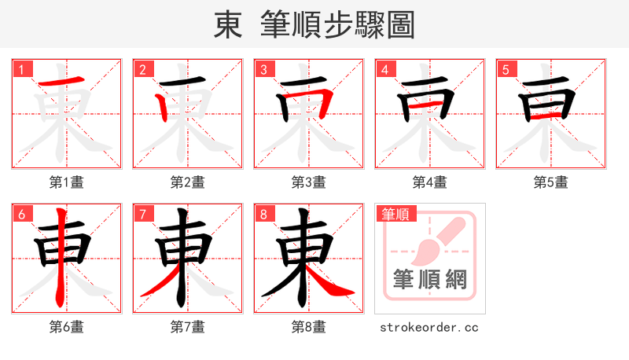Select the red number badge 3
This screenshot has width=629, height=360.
tap(265, 70)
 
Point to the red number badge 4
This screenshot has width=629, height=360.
tap(386, 70)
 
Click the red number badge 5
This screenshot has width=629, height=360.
tap(507, 70)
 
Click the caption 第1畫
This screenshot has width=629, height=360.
tap(67, 182)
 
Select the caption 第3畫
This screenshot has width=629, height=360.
tap(309, 182)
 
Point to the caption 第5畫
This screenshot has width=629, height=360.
tap(551, 182)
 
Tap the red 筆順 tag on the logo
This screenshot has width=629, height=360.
tap(396, 213)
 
